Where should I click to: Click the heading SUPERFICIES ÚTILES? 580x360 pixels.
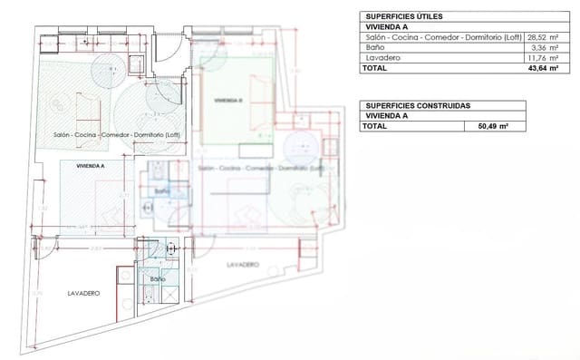[403, 16]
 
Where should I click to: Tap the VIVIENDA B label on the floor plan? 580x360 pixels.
[227, 100]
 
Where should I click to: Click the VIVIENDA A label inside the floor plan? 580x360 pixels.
[91, 167]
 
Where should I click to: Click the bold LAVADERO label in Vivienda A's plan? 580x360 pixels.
[83, 294]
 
